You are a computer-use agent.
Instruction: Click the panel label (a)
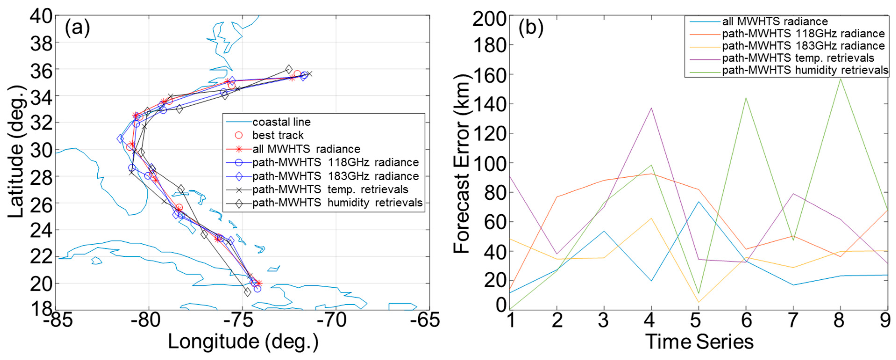[77, 28]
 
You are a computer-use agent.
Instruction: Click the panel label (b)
[531, 28]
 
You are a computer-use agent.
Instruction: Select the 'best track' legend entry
[277, 135]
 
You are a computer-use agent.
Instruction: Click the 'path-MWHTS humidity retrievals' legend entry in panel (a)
[337, 203]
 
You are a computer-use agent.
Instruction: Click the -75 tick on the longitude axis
[242, 320]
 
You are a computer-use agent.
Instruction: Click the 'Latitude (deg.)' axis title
[16, 152]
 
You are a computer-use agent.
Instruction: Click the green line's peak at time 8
[840, 79]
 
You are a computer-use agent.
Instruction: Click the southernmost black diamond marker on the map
[247, 292]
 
